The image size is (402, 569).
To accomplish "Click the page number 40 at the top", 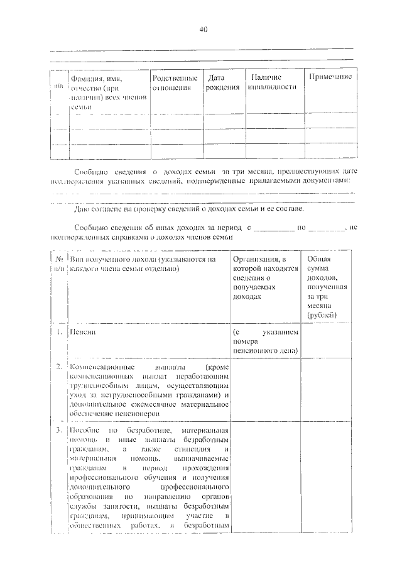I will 203,30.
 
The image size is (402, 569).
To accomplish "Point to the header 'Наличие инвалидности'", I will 271,82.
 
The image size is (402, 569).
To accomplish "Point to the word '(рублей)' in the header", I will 323,315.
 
